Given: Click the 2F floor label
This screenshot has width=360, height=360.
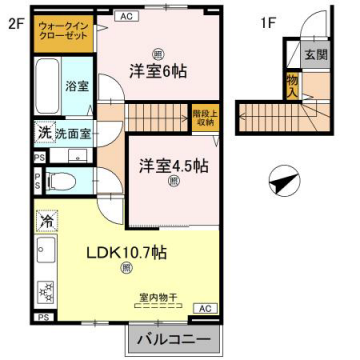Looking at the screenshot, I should click(15, 20).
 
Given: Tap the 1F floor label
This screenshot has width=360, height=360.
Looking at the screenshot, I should click(269, 20).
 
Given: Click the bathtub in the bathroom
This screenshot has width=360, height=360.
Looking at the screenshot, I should click(46, 86).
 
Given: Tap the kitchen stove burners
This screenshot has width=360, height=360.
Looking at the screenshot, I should click(45, 292).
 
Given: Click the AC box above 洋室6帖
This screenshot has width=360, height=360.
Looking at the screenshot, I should click(126, 17).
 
